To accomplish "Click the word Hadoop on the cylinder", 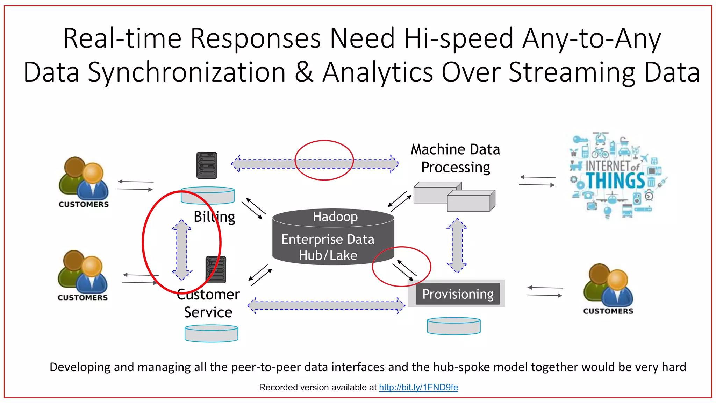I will pos(335,217).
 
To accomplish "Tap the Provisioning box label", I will pos(458,294).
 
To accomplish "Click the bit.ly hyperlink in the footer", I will pos(418,387).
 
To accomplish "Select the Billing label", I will pos(214,217).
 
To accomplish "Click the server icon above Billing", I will pos(207,165).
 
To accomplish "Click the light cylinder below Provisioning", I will pos(453,326).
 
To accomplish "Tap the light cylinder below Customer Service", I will pos(211,333).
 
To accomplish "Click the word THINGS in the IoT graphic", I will pos(615,181).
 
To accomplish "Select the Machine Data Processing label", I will pos(455,158).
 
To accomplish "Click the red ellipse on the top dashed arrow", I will pos(324,141).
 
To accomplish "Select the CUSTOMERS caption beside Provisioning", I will pos(608,311).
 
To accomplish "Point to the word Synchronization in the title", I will pos(187,72).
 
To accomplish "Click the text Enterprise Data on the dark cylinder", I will pos(328,240).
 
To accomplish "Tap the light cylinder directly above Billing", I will pos(208,196).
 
